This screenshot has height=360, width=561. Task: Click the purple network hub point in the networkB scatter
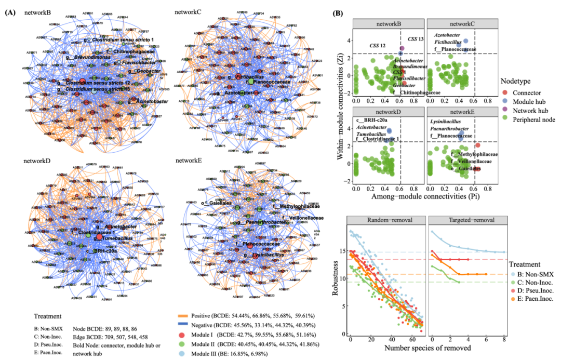point(402,48)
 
